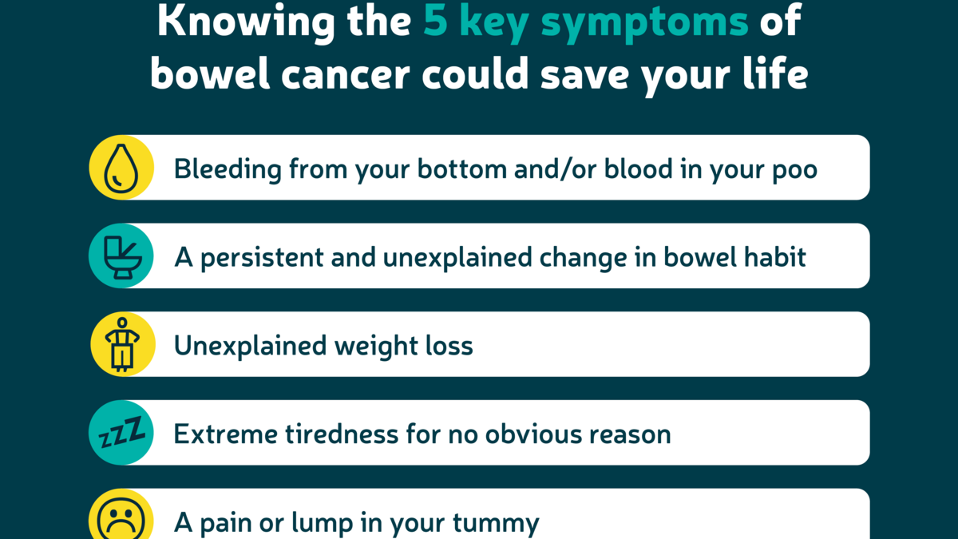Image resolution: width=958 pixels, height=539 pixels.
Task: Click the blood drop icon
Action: (121, 168)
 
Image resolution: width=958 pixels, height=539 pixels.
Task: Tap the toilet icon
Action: (121, 256)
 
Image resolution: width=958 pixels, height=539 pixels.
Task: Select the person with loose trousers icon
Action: (121, 344)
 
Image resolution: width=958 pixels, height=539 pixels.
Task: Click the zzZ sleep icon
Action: (121, 434)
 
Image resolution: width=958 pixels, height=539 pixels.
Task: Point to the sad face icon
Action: (121, 519)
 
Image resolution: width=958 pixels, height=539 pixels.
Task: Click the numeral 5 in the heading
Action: (436, 22)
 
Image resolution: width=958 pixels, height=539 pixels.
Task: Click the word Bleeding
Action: (227, 169)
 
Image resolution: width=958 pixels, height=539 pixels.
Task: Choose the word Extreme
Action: (218, 434)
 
